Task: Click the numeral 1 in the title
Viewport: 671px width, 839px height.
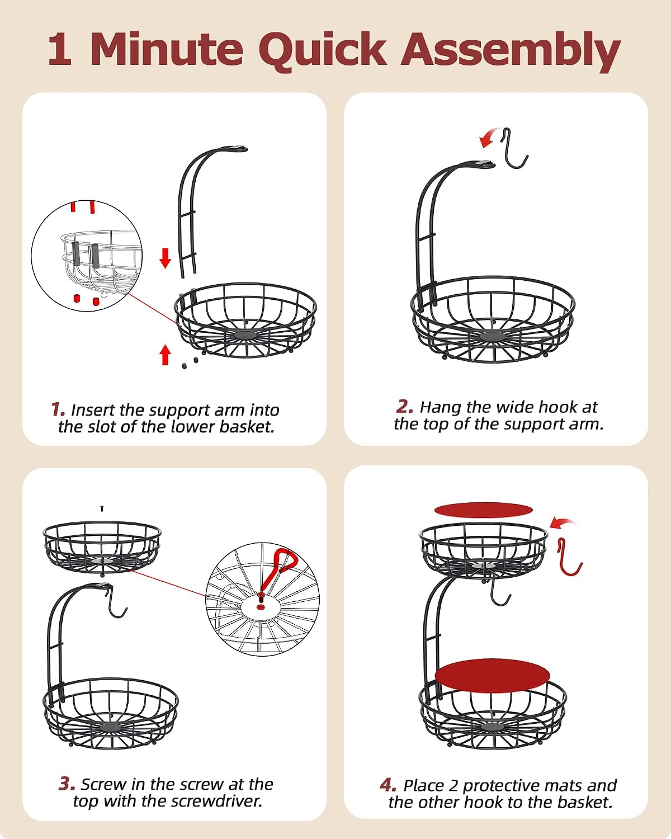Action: coord(60,49)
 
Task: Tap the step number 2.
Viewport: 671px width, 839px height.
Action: coord(404,407)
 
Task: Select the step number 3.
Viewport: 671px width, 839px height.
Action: coord(67,783)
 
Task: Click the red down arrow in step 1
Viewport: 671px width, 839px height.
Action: coord(166,258)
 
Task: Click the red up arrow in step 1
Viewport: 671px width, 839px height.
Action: coord(166,355)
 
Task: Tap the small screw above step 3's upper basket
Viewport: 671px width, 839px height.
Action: coord(102,508)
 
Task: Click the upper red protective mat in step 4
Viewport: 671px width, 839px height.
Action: coord(484,510)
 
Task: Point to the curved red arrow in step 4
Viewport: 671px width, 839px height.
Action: coord(562,524)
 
